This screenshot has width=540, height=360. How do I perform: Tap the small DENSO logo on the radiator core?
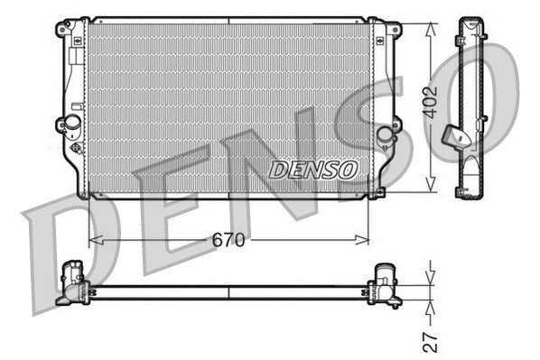pos(313,169)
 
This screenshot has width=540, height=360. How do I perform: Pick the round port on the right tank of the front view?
pos(386,134)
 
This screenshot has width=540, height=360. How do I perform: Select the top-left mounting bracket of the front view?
pos(65,29)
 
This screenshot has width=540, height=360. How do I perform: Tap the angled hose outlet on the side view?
pos(456,136)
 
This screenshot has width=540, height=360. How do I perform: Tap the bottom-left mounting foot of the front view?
pos(83,193)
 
